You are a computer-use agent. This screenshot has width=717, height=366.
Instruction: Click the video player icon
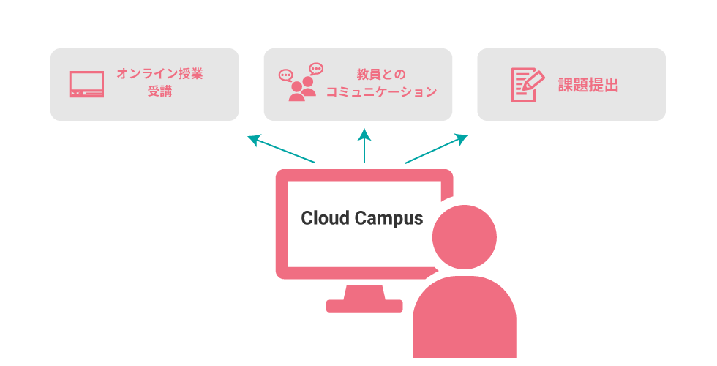pyautogui.click(x=86, y=84)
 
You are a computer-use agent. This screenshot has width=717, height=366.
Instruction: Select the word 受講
pyautogui.click(x=159, y=91)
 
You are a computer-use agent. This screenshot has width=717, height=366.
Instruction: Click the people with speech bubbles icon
pyautogui.click(x=301, y=82)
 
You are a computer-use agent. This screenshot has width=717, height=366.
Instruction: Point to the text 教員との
pyautogui.click(x=381, y=74)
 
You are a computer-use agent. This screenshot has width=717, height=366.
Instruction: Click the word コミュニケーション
pyautogui.click(x=381, y=92)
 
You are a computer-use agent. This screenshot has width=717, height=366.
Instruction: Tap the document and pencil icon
pyautogui.click(x=528, y=85)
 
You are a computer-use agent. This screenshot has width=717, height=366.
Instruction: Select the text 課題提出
pyautogui.click(x=588, y=85)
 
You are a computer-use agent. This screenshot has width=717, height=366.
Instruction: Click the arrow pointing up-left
pyautogui.click(x=281, y=149)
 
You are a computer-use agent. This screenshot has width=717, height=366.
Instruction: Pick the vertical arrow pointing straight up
pyautogui.click(x=364, y=146)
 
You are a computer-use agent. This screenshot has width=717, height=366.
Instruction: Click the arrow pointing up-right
pyautogui.click(x=437, y=149)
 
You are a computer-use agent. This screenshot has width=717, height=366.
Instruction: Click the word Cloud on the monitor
pyautogui.click(x=325, y=218)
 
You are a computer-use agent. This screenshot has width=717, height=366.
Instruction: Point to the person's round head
pyautogui.click(x=464, y=237)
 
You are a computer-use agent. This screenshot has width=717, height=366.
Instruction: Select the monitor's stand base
pyautogui.click(x=364, y=306)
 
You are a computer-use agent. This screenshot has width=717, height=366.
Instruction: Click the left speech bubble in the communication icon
pyautogui.click(x=286, y=75)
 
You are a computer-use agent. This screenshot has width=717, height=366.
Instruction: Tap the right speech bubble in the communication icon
pyautogui.click(x=316, y=69)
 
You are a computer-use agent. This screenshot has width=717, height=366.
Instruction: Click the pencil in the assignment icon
pyautogui.click(x=533, y=81)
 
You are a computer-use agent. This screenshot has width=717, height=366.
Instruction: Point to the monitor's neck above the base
pyautogui.click(x=364, y=292)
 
